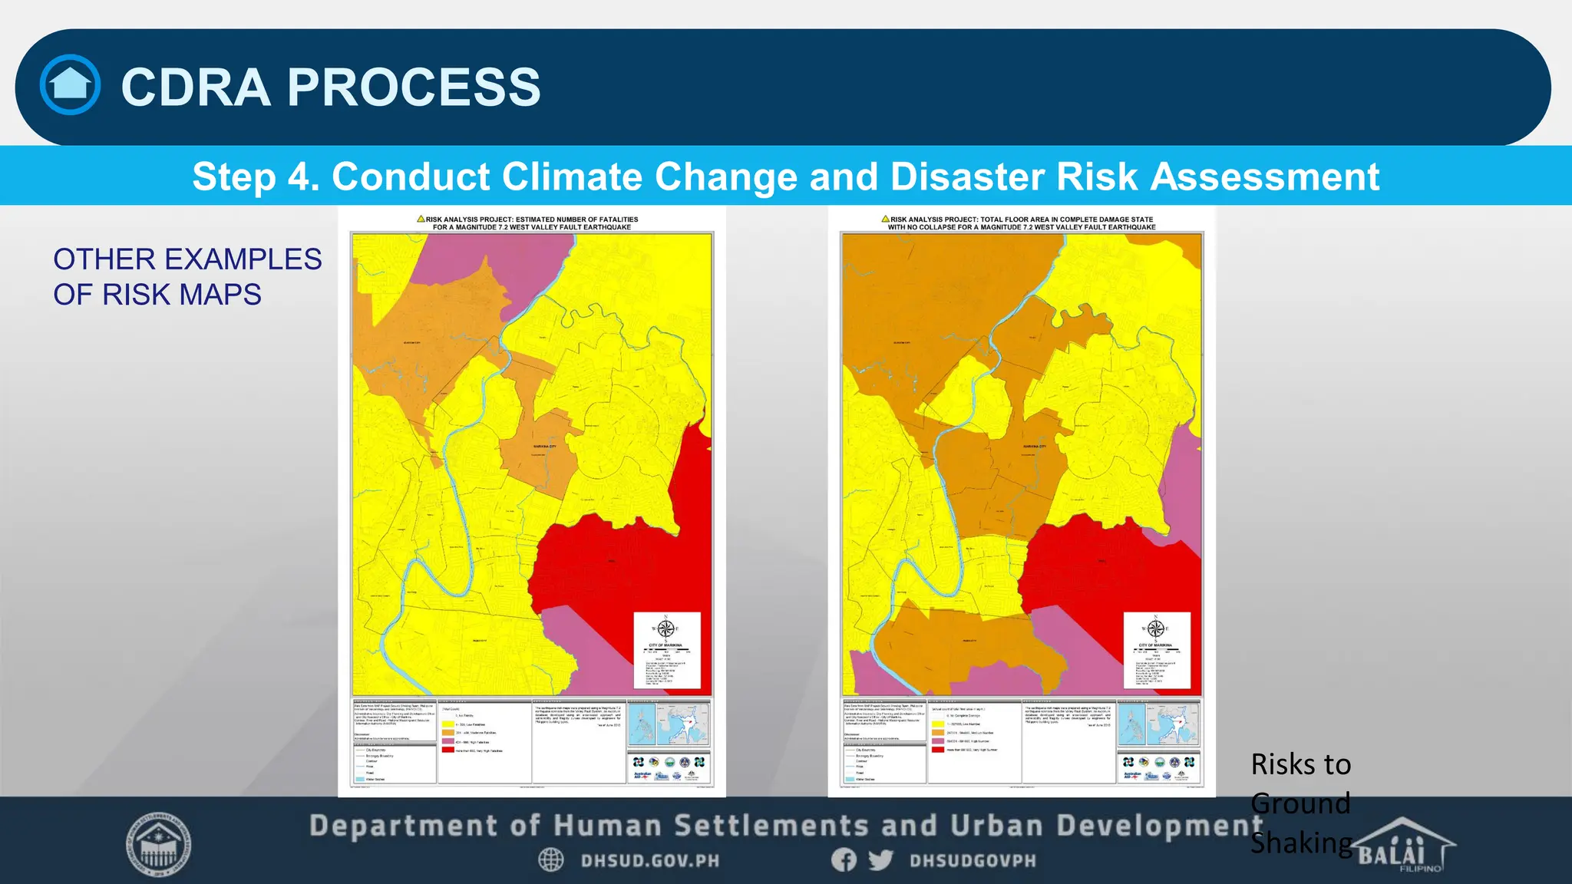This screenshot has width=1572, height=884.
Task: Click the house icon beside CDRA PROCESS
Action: [x=70, y=84]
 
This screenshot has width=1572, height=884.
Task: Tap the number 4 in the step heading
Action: [x=299, y=176]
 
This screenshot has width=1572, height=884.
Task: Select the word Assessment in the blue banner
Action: [x=1265, y=176]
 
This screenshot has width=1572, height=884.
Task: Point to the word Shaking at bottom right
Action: [x=1301, y=843]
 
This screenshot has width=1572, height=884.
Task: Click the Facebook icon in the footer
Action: [x=844, y=860]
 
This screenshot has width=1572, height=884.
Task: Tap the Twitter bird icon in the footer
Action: [x=880, y=860]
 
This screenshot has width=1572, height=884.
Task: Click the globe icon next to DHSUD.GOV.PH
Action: [x=551, y=860]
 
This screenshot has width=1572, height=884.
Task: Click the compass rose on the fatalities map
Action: [x=665, y=629]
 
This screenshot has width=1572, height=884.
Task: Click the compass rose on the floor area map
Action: [x=1155, y=629]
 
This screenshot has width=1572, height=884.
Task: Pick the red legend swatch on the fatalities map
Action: [x=447, y=750]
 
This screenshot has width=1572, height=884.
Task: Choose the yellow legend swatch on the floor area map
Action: [x=937, y=724]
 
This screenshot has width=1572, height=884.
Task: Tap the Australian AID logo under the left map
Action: [x=642, y=775]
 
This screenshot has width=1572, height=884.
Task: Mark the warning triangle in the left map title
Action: [x=421, y=219]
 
